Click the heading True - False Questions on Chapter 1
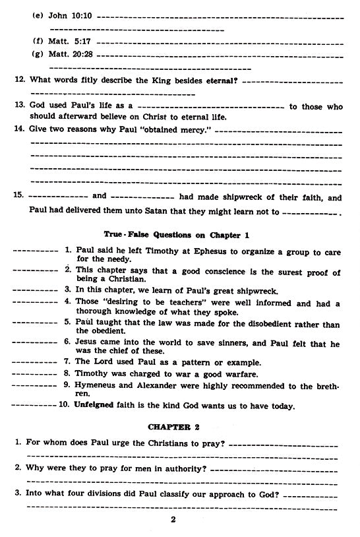point(179,235)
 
